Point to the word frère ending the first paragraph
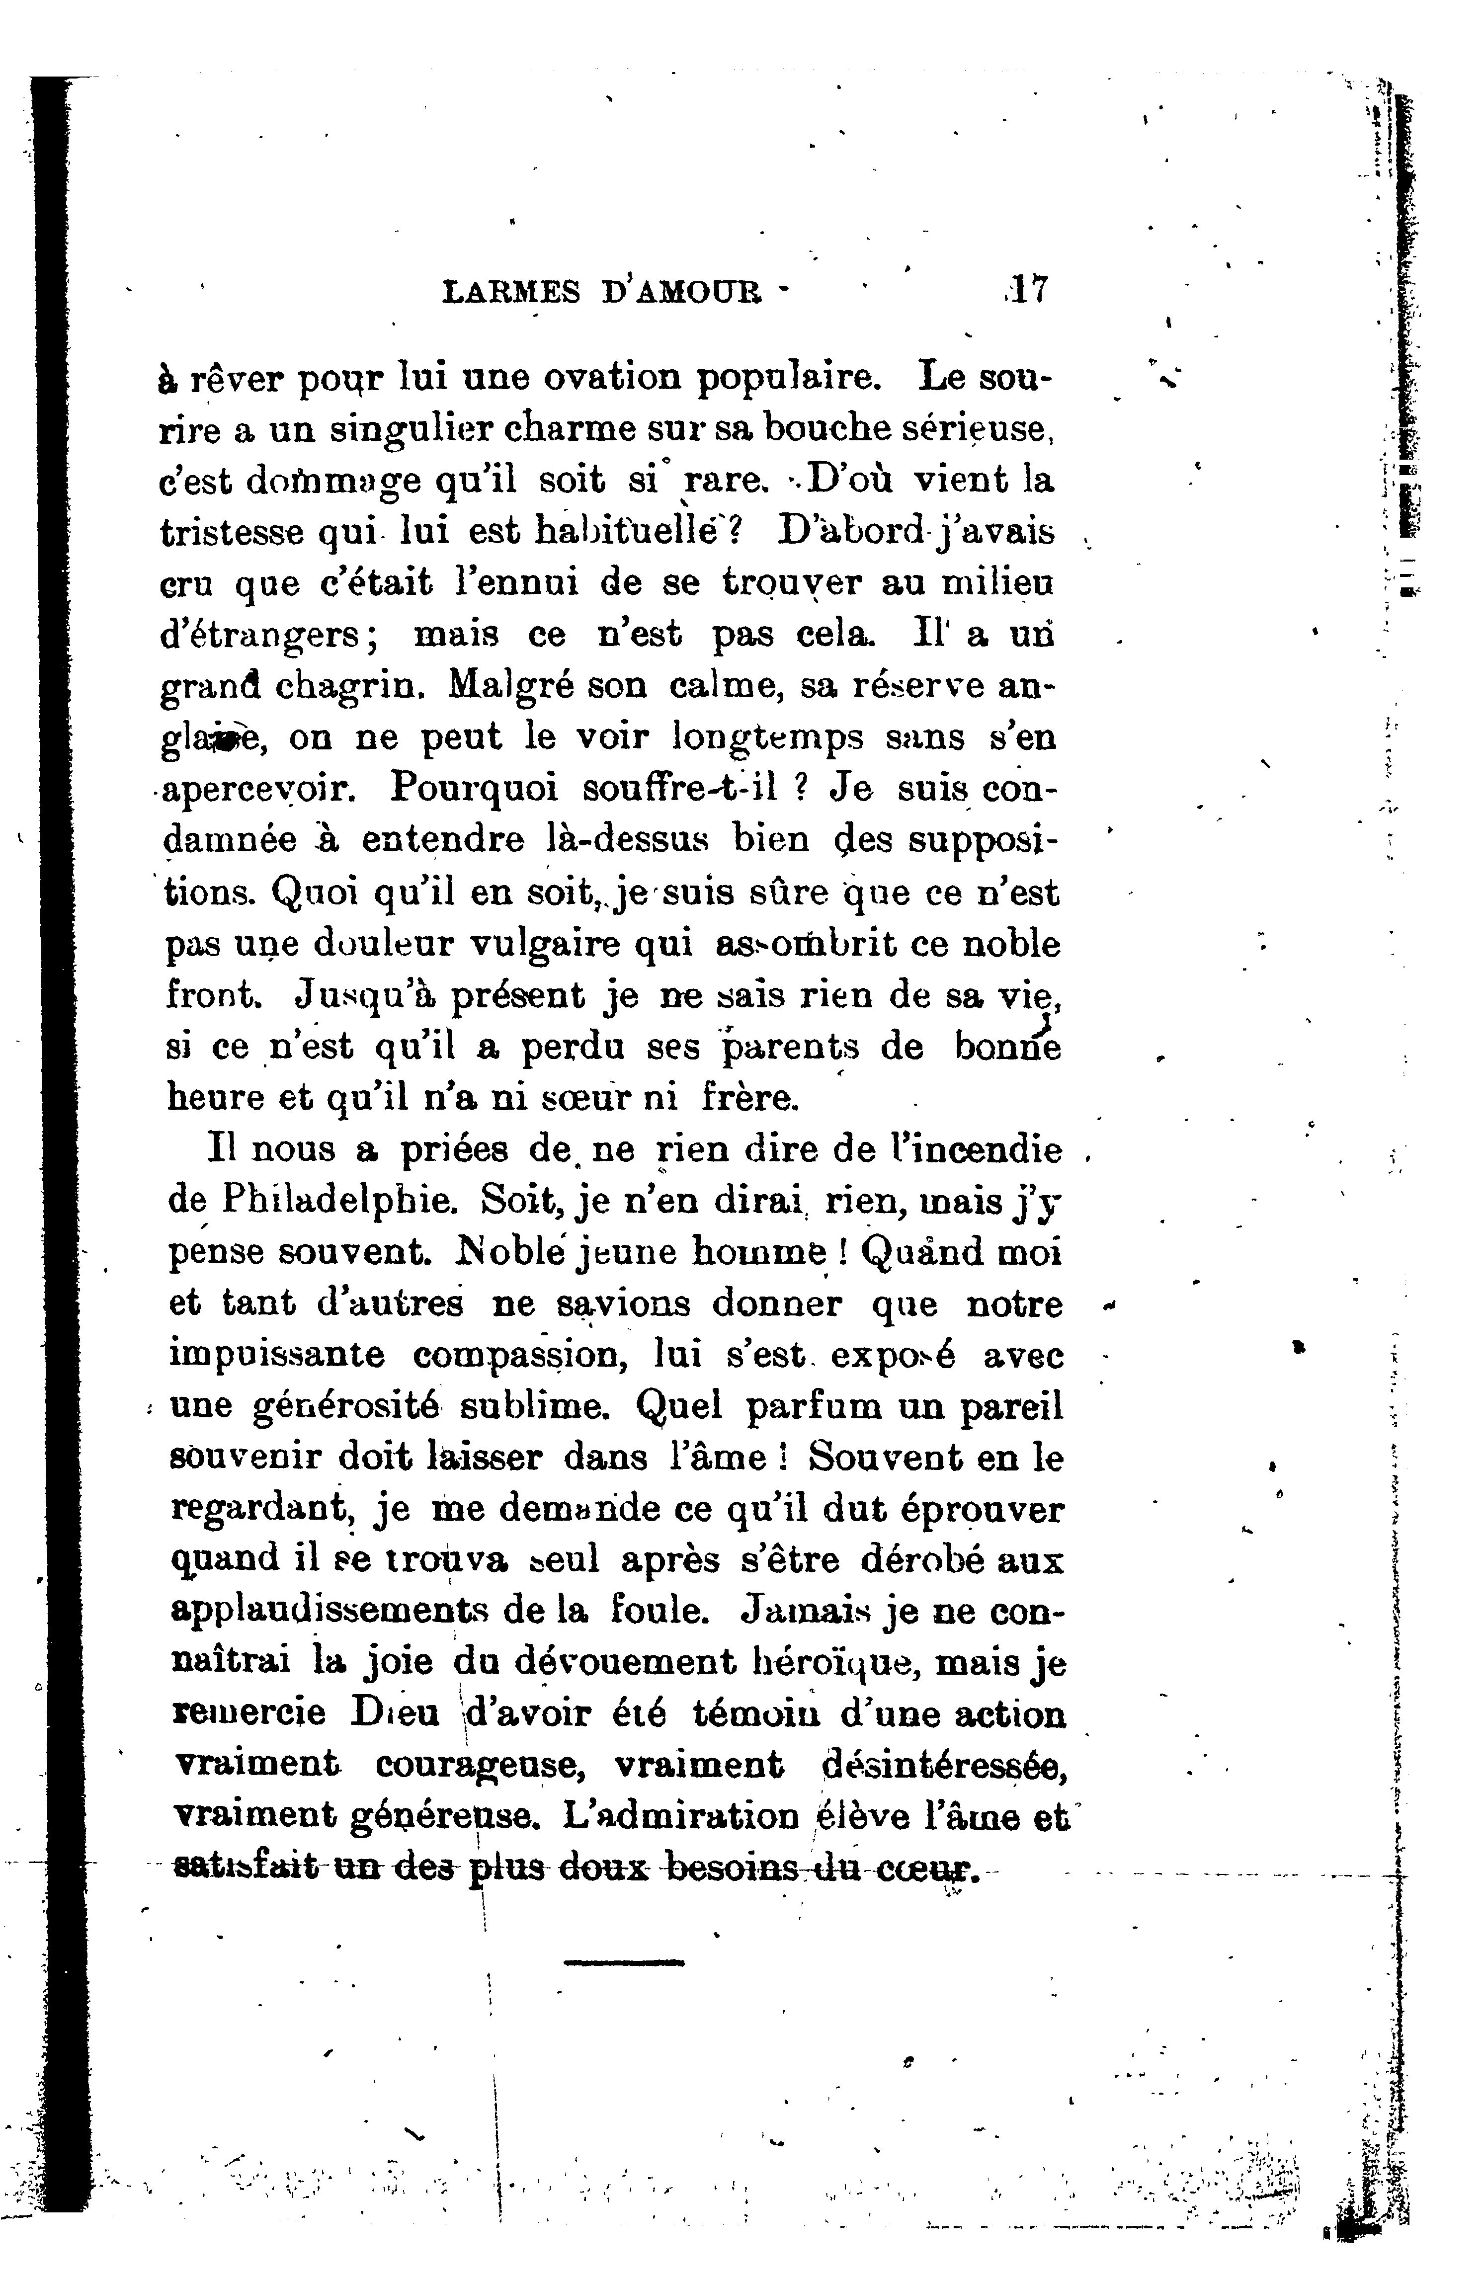pyautogui.click(x=747, y=1098)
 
